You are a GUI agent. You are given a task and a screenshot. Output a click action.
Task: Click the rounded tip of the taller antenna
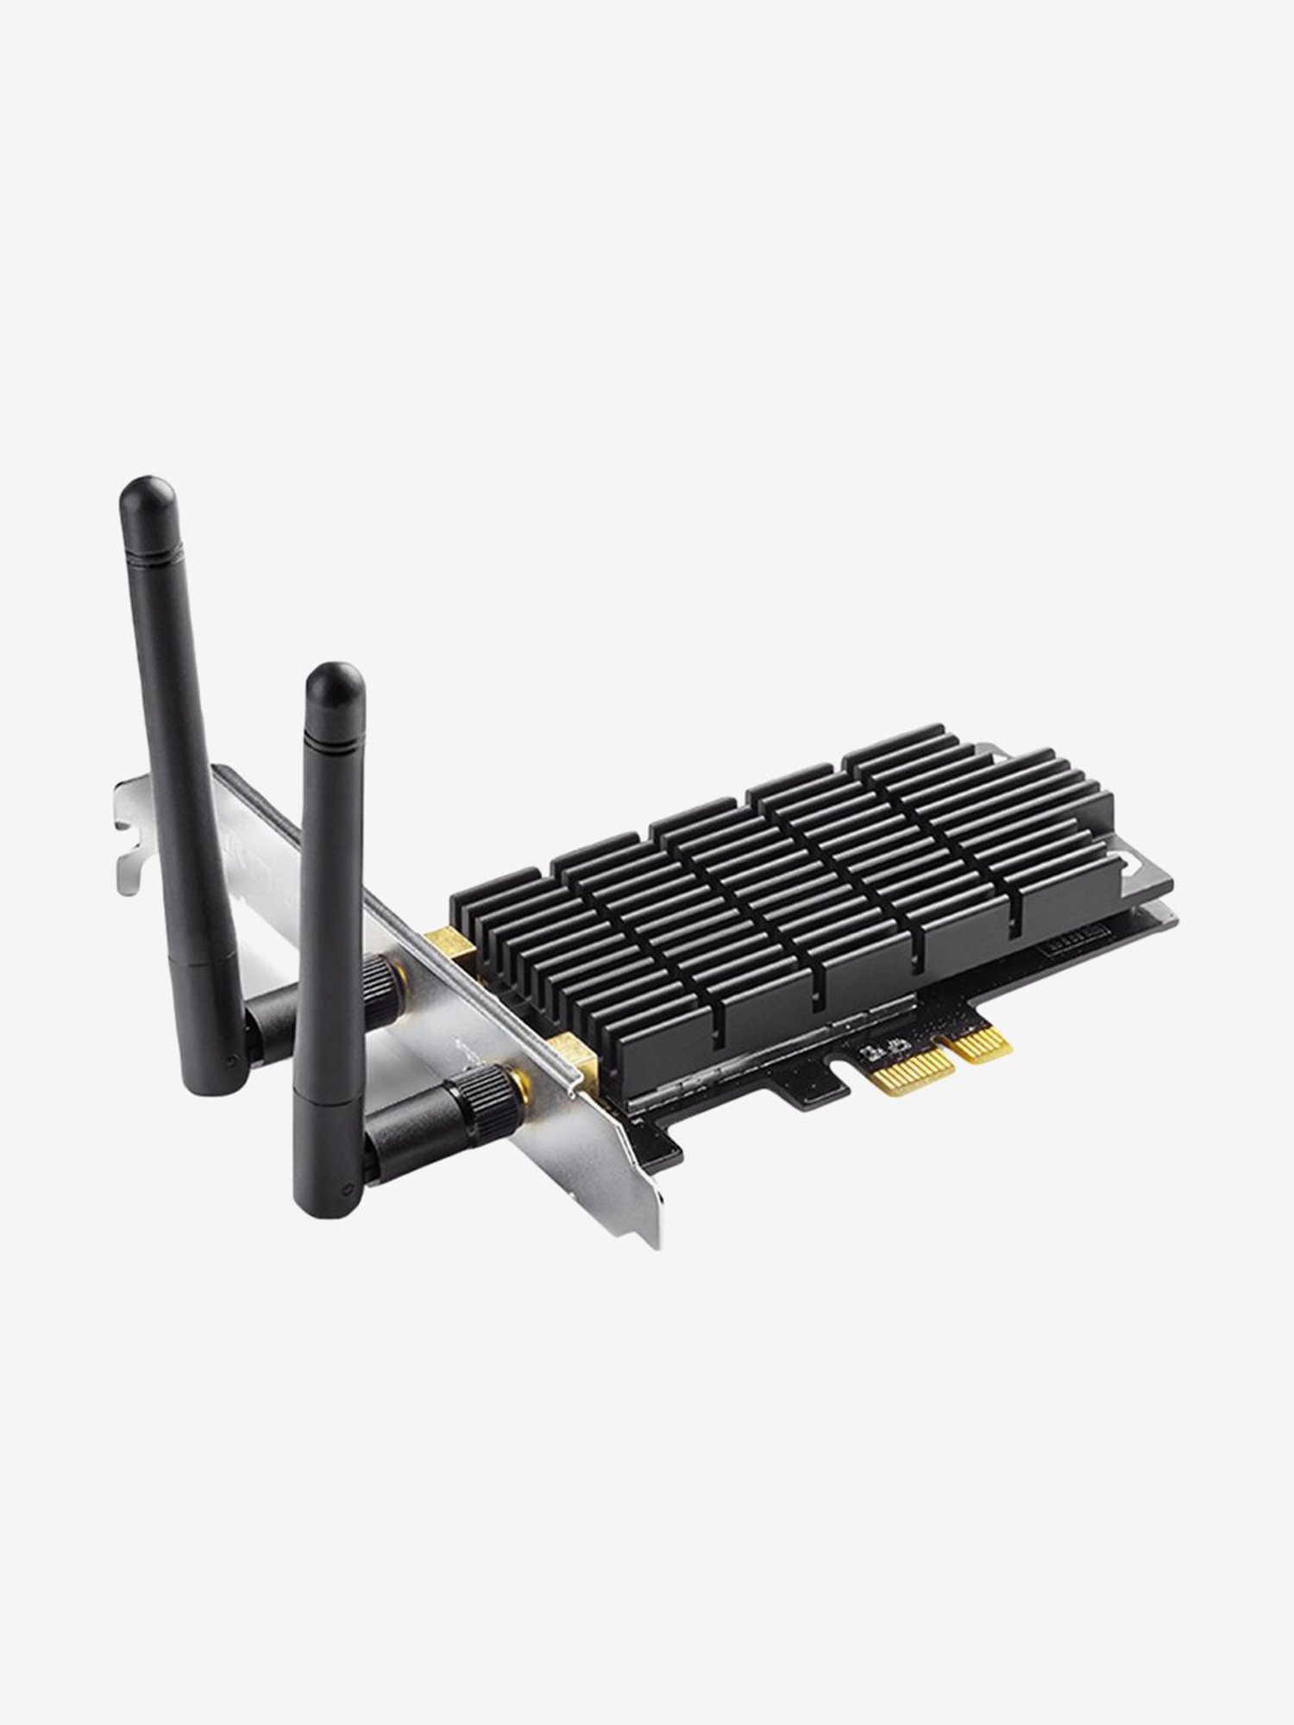140,494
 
